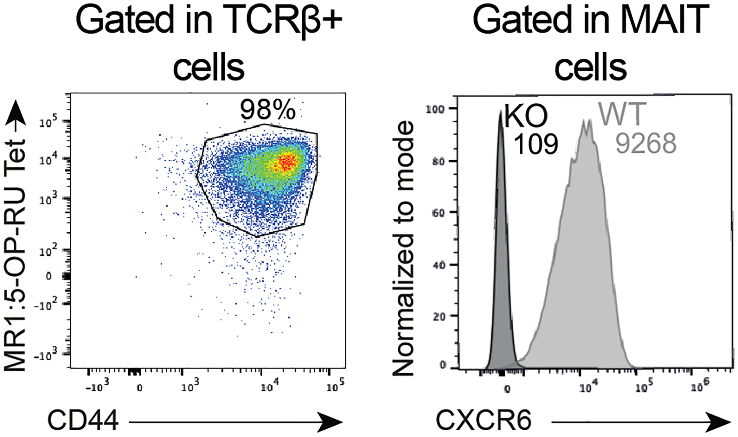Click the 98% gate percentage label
[268, 110]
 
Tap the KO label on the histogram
[526, 116]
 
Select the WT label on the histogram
[623, 114]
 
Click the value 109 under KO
[536, 144]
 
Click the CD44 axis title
[83, 421]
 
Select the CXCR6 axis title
[483, 421]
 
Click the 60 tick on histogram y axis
[438, 213]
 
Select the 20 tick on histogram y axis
[439, 317]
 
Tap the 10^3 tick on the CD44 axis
[190, 386]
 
